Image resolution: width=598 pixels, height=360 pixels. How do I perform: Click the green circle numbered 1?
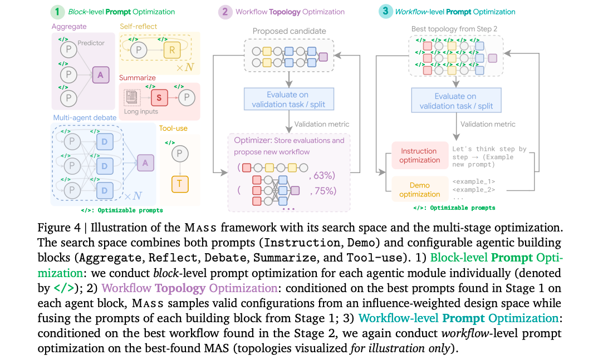pyautogui.click(x=57, y=12)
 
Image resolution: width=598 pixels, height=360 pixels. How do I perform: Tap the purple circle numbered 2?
pyautogui.click(x=225, y=12)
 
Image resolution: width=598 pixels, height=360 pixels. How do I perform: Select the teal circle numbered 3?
pyautogui.click(x=385, y=12)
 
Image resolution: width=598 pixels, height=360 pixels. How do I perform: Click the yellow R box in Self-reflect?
pyautogui.click(x=172, y=50)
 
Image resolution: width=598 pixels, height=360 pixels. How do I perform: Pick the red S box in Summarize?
pyautogui.click(x=159, y=98)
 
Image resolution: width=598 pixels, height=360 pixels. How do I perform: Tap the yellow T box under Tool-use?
pyautogui.click(x=180, y=184)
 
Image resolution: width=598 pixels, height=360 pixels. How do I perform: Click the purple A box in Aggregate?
pyautogui.click(x=101, y=75)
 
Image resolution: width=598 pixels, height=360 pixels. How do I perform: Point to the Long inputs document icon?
pyautogui.click(x=131, y=97)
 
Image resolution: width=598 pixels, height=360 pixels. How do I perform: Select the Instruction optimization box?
pyautogui.click(x=419, y=155)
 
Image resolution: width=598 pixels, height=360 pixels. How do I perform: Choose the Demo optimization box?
pyautogui.click(x=419, y=189)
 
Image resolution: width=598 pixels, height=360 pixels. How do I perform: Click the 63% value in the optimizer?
pyautogui.click(x=322, y=175)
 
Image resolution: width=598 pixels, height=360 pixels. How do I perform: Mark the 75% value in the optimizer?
pyautogui.click(x=323, y=191)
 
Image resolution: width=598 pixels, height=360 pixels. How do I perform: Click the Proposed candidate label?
pyautogui.click(x=289, y=31)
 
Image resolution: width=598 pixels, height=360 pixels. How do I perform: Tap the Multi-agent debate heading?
pyautogui.click(x=85, y=118)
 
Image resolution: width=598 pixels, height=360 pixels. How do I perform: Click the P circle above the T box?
pyautogui.click(x=180, y=154)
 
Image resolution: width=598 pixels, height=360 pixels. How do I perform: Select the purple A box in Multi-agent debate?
pyautogui.click(x=145, y=163)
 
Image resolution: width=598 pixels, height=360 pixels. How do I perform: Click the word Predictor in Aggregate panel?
pyautogui.click(x=91, y=43)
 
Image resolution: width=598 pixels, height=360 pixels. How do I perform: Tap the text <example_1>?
pyautogui.click(x=474, y=181)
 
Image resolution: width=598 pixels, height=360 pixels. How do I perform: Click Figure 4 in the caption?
pyautogui.click(x=59, y=228)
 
